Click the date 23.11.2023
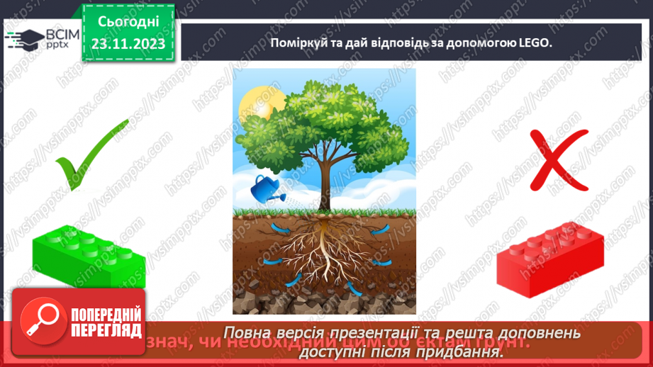128,43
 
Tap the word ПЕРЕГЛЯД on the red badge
106,330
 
